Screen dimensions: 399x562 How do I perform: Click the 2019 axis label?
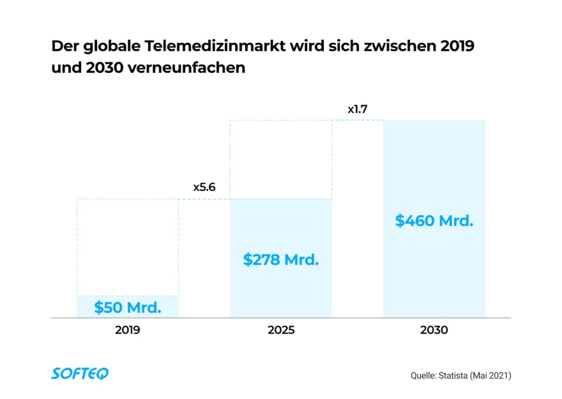point(127,331)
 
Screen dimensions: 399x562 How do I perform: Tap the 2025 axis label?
point(281,331)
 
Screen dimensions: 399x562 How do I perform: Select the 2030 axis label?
point(434,331)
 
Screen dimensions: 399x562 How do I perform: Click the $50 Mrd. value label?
point(127,307)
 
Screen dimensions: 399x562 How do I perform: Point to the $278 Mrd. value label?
point(281,260)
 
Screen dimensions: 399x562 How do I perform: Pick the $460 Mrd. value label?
point(434,222)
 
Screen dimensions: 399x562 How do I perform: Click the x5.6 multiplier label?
point(204,188)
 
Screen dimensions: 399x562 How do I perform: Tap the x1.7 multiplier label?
point(357,110)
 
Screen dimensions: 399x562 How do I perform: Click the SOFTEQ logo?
point(80,374)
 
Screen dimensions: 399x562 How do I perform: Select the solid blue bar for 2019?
point(127,306)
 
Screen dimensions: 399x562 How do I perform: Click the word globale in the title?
point(113,47)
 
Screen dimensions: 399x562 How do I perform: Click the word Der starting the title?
point(63,47)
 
